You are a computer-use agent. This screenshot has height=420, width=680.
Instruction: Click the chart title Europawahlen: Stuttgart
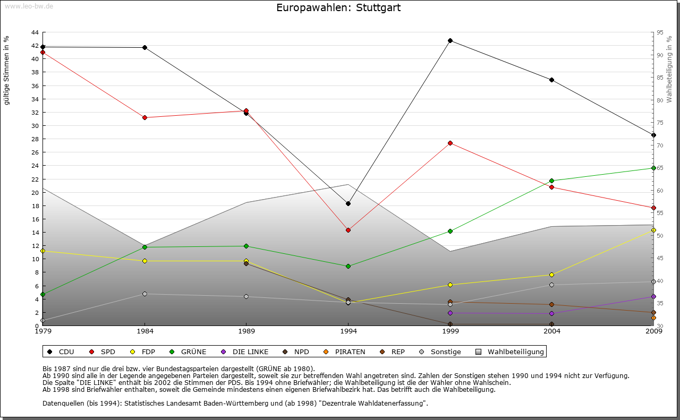point(338,8)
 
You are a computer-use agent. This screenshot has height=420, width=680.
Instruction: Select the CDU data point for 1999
point(450,41)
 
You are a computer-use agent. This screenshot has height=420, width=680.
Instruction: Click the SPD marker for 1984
point(144,117)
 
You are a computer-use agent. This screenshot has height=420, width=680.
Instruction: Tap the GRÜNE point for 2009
point(653,168)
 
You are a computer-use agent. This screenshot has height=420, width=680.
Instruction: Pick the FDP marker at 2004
point(551,275)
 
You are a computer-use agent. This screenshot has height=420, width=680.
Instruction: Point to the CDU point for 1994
point(348,203)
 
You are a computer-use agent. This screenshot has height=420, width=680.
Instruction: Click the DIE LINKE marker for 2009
point(653,296)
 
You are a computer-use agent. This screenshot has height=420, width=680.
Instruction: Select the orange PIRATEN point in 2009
point(653,318)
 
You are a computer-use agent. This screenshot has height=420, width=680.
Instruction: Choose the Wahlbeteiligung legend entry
point(515,352)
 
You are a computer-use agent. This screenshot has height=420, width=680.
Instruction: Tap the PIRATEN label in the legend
point(350,352)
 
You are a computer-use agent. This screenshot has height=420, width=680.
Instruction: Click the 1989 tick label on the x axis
point(246,331)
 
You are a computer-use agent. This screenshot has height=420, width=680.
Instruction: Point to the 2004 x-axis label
point(551,331)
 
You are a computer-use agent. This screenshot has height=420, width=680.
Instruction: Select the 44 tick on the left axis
point(35,32)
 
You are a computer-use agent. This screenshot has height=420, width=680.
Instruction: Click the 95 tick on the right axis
point(660,32)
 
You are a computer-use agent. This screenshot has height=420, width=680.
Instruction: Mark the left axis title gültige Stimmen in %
point(7,70)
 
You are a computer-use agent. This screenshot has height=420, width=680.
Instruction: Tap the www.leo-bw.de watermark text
point(29,6)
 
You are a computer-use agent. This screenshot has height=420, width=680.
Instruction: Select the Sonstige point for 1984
point(144,294)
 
